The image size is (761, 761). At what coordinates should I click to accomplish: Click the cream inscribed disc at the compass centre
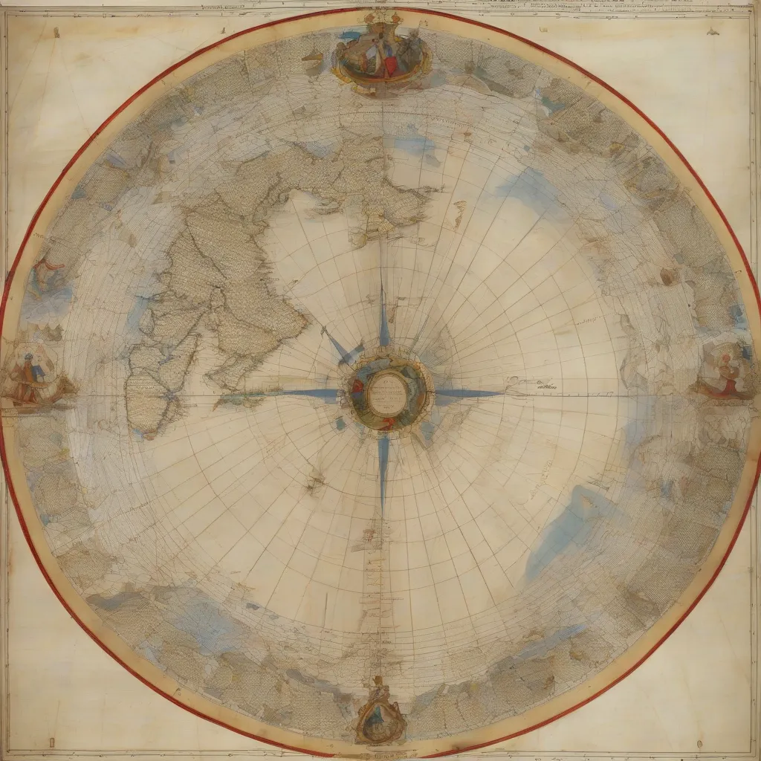[387, 391]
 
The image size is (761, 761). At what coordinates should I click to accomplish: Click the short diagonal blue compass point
[343, 349]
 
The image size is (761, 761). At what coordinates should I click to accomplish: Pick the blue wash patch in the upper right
[531, 190]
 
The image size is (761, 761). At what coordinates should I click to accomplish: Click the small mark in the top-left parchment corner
[56, 33]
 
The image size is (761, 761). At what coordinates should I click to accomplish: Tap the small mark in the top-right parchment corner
[712, 32]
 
